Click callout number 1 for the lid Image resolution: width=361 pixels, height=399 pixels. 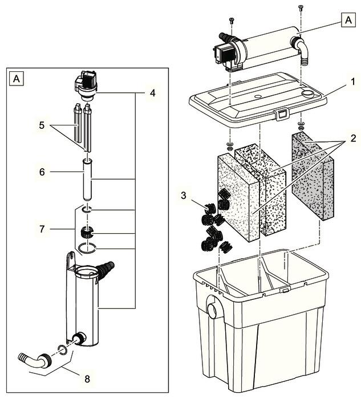tap(353, 82)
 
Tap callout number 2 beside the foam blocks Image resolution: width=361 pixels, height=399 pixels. tap(353, 139)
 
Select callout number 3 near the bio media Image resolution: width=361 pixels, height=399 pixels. tap(184, 196)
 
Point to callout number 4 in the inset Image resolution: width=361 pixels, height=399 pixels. tap(152, 93)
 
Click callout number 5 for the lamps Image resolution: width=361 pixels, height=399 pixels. tap(42, 125)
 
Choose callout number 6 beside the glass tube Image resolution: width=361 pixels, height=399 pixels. tap(42, 172)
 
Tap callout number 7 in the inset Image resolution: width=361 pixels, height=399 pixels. tap(42, 229)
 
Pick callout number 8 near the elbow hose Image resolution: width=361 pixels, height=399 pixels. tap(87, 379)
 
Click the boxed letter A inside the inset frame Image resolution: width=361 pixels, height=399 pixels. tap(17, 79)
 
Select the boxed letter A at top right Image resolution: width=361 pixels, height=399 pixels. tap(348, 20)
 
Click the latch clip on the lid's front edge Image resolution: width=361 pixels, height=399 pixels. tap(281, 114)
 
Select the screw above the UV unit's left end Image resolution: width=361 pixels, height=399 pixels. tap(232, 21)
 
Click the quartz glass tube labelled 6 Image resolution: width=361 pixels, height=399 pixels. tap(87, 179)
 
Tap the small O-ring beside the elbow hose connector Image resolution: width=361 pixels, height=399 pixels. tap(63, 349)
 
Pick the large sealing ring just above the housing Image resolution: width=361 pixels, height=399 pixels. tap(87, 249)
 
